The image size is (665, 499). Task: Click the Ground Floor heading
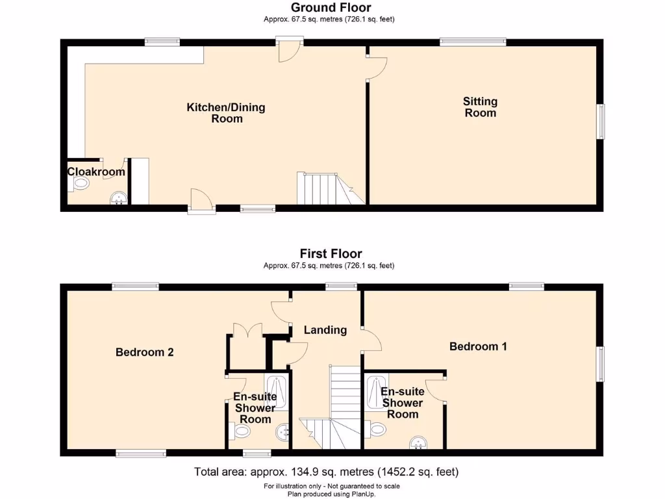[331, 8]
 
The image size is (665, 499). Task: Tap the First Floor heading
[331, 253]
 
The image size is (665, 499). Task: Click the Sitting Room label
[480, 107]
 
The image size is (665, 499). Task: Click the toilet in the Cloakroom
[80, 184]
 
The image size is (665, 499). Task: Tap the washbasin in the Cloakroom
[118, 198]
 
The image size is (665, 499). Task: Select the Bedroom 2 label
[144, 352]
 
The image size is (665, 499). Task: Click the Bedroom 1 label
[478, 346]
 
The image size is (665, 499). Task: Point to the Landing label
[325, 330]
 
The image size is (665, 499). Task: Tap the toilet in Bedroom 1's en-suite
[376, 429]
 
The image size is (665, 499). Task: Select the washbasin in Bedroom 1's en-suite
[418, 443]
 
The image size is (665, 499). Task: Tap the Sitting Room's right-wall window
[601, 122]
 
